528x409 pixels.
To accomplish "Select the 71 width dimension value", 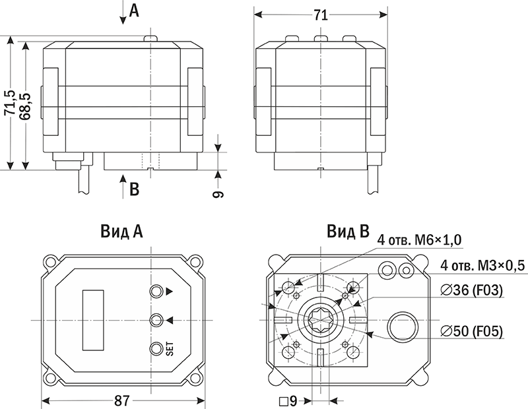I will pos(320,16).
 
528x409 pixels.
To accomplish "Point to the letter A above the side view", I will pos(134,11).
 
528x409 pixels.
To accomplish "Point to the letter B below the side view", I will pos(134,189).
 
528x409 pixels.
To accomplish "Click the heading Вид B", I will pos(348,232).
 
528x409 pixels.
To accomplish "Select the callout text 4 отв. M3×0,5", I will pos(482,266).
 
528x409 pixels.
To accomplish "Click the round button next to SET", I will pos(156,349).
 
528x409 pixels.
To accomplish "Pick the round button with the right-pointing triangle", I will pos(156,291).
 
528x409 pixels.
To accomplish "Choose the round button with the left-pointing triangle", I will pos(156,320).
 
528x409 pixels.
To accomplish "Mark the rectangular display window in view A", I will pos(94,320).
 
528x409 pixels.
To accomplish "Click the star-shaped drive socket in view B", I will pos(319,321).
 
